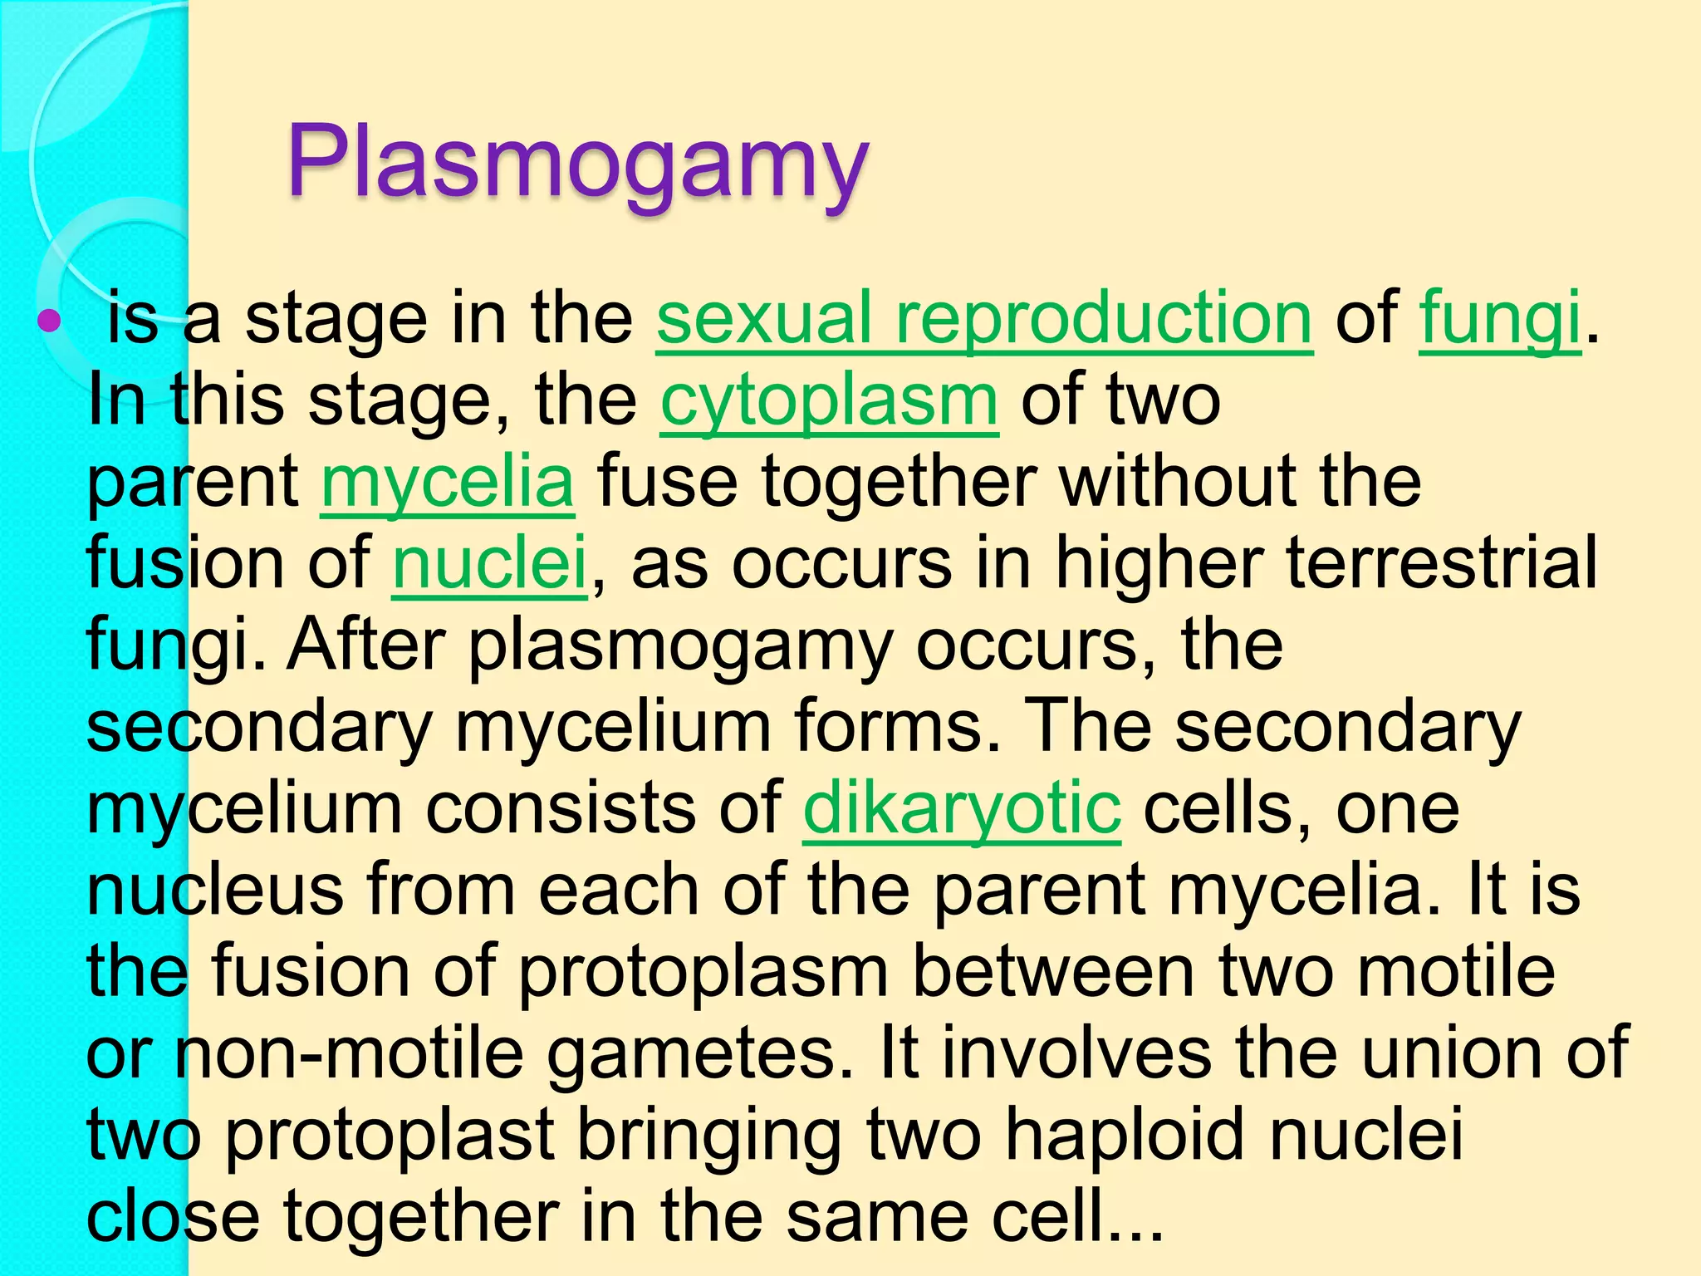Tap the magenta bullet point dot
coord(49,321)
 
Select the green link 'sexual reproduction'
coord(984,319)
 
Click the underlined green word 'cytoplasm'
coord(829,400)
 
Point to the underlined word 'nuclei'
coord(490,563)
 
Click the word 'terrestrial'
coord(1442,563)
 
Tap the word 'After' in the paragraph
coord(366,645)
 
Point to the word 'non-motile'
coord(349,1053)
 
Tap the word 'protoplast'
coord(390,1136)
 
